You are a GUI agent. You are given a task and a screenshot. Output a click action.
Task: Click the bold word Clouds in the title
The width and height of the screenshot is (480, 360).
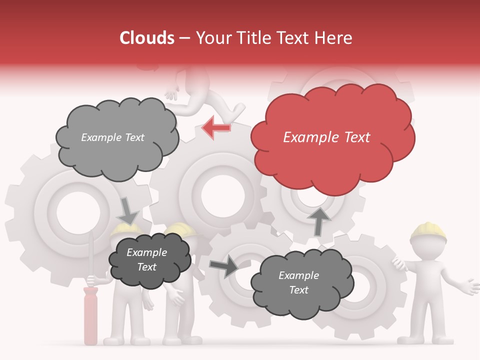(x=147, y=38)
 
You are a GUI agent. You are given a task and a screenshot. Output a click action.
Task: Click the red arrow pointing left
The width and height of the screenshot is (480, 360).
(x=216, y=127)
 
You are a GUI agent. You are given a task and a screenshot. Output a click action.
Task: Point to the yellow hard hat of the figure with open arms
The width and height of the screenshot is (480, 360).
(x=428, y=231)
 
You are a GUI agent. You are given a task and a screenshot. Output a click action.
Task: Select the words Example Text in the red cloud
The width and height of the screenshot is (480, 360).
(x=326, y=137)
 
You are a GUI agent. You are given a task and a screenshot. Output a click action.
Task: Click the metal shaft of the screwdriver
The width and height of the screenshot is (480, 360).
(x=90, y=260)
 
